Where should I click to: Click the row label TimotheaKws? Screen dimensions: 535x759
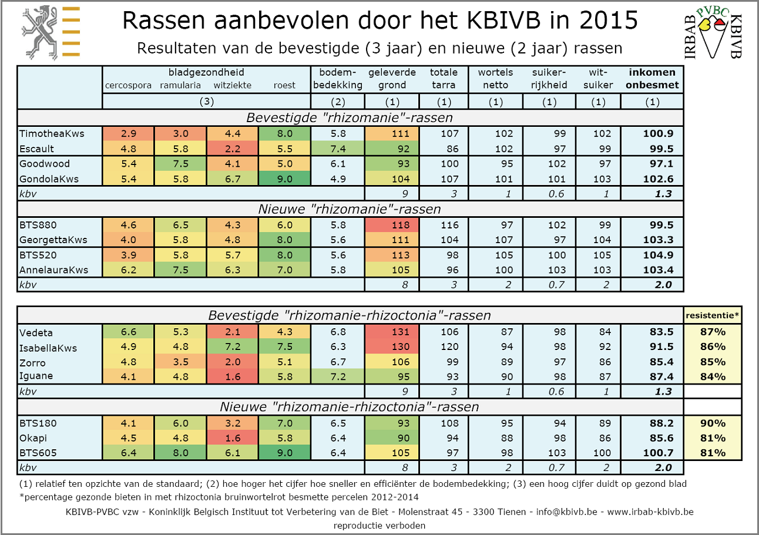tap(52, 133)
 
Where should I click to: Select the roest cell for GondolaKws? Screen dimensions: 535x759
tap(284, 179)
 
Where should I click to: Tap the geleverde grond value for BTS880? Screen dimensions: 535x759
tap(392, 225)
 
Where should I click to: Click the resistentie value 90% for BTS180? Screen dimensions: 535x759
tap(712, 423)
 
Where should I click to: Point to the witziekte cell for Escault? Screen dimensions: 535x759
tap(233, 149)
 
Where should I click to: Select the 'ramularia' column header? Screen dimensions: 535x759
tap(180, 85)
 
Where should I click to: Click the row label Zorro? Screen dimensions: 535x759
tap(32, 362)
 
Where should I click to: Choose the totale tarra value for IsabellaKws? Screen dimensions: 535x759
tap(444, 347)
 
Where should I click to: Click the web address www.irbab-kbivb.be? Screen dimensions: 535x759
tap(650, 512)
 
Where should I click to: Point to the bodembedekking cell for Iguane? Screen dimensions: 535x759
tap(337, 376)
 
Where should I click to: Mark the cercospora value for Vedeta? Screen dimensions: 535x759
tap(129, 332)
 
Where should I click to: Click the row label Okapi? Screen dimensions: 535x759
tap(33, 438)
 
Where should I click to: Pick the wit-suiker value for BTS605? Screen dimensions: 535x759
tap(597, 453)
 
